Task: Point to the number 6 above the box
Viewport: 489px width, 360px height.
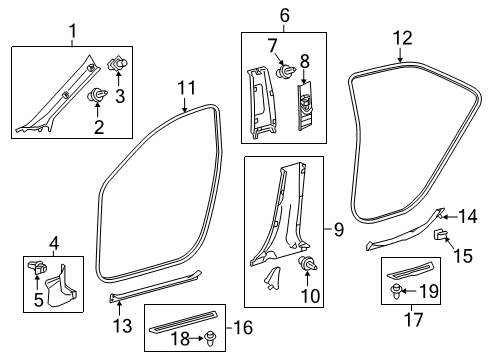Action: (256, 16)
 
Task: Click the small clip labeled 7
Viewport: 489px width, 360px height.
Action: (285, 72)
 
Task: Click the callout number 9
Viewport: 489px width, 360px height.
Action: (339, 231)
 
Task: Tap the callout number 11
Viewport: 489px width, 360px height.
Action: (185, 89)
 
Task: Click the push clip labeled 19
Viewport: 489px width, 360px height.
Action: (400, 293)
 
